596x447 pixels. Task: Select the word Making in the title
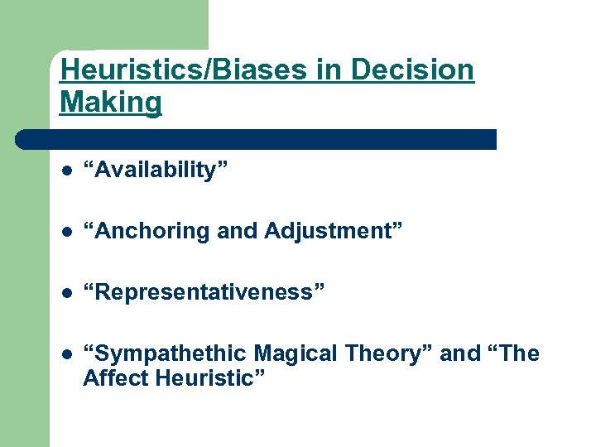tap(111, 103)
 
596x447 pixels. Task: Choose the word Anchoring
tap(152, 231)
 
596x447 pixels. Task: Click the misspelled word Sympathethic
tap(170, 353)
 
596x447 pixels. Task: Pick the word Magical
tap(295, 353)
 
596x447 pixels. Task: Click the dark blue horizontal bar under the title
tap(257, 139)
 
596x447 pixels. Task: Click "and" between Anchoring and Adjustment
tap(238, 231)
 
